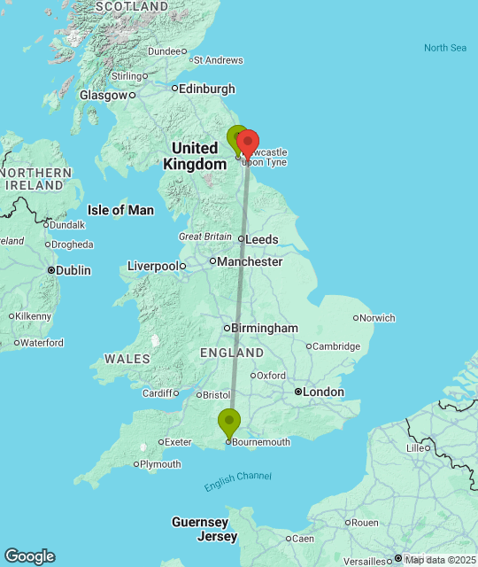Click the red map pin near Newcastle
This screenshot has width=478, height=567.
pyautogui.click(x=248, y=144)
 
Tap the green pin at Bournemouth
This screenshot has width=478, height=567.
pyautogui.click(x=229, y=423)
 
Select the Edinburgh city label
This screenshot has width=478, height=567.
pyautogui.click(x=207, y=89)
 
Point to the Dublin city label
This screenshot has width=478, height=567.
pyautogui.click(x=73, y=270)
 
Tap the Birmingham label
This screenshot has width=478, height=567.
pyautogui.click(x=265, y=328)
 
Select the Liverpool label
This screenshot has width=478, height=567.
pyautogui.click(x=152, y=266)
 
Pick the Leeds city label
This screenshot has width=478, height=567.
pyautogui.click(x=262, y=239)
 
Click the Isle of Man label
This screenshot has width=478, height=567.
pyautogui.click(x=120, y=210)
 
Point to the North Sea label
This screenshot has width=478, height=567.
pyautogui.click(x=444, y=48)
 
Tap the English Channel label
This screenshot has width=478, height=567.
pyautogui.click(x=237, y=482)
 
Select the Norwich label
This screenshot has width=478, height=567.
pyautogui.click(x=378, y=317)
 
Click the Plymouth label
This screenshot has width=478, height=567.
pyautogui.click(x=161, y=464)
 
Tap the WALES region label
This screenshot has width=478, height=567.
pyautogui.click(x=121, y=359)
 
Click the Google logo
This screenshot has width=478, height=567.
pyautogui.click(x=29, y=556)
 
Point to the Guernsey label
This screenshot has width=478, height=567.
pyautogui.click(x=200, y=522)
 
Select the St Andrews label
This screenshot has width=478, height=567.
pyautogui.click(x=218, y=60)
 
